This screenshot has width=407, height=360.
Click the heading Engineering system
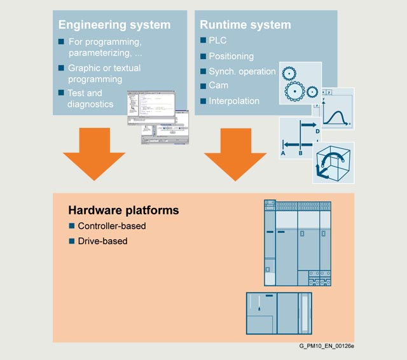pos(114,25)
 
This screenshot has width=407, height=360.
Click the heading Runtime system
pos(245,25)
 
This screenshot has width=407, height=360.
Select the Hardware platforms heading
pos(123,210)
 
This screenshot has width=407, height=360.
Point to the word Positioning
pos(231,56)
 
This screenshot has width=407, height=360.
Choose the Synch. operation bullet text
pos(242,71)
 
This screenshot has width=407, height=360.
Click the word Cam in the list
pos(218,86)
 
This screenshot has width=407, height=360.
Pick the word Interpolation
pos(234,100)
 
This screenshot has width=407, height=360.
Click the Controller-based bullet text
pos(111,226)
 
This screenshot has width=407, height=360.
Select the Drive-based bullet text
pos(102,241)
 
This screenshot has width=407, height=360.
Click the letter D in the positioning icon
pos(317,131)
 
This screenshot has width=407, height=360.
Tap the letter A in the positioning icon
pos(283,153)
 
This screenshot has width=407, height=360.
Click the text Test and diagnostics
pos(90,99)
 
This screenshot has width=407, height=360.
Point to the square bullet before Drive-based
pos(72,241)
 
